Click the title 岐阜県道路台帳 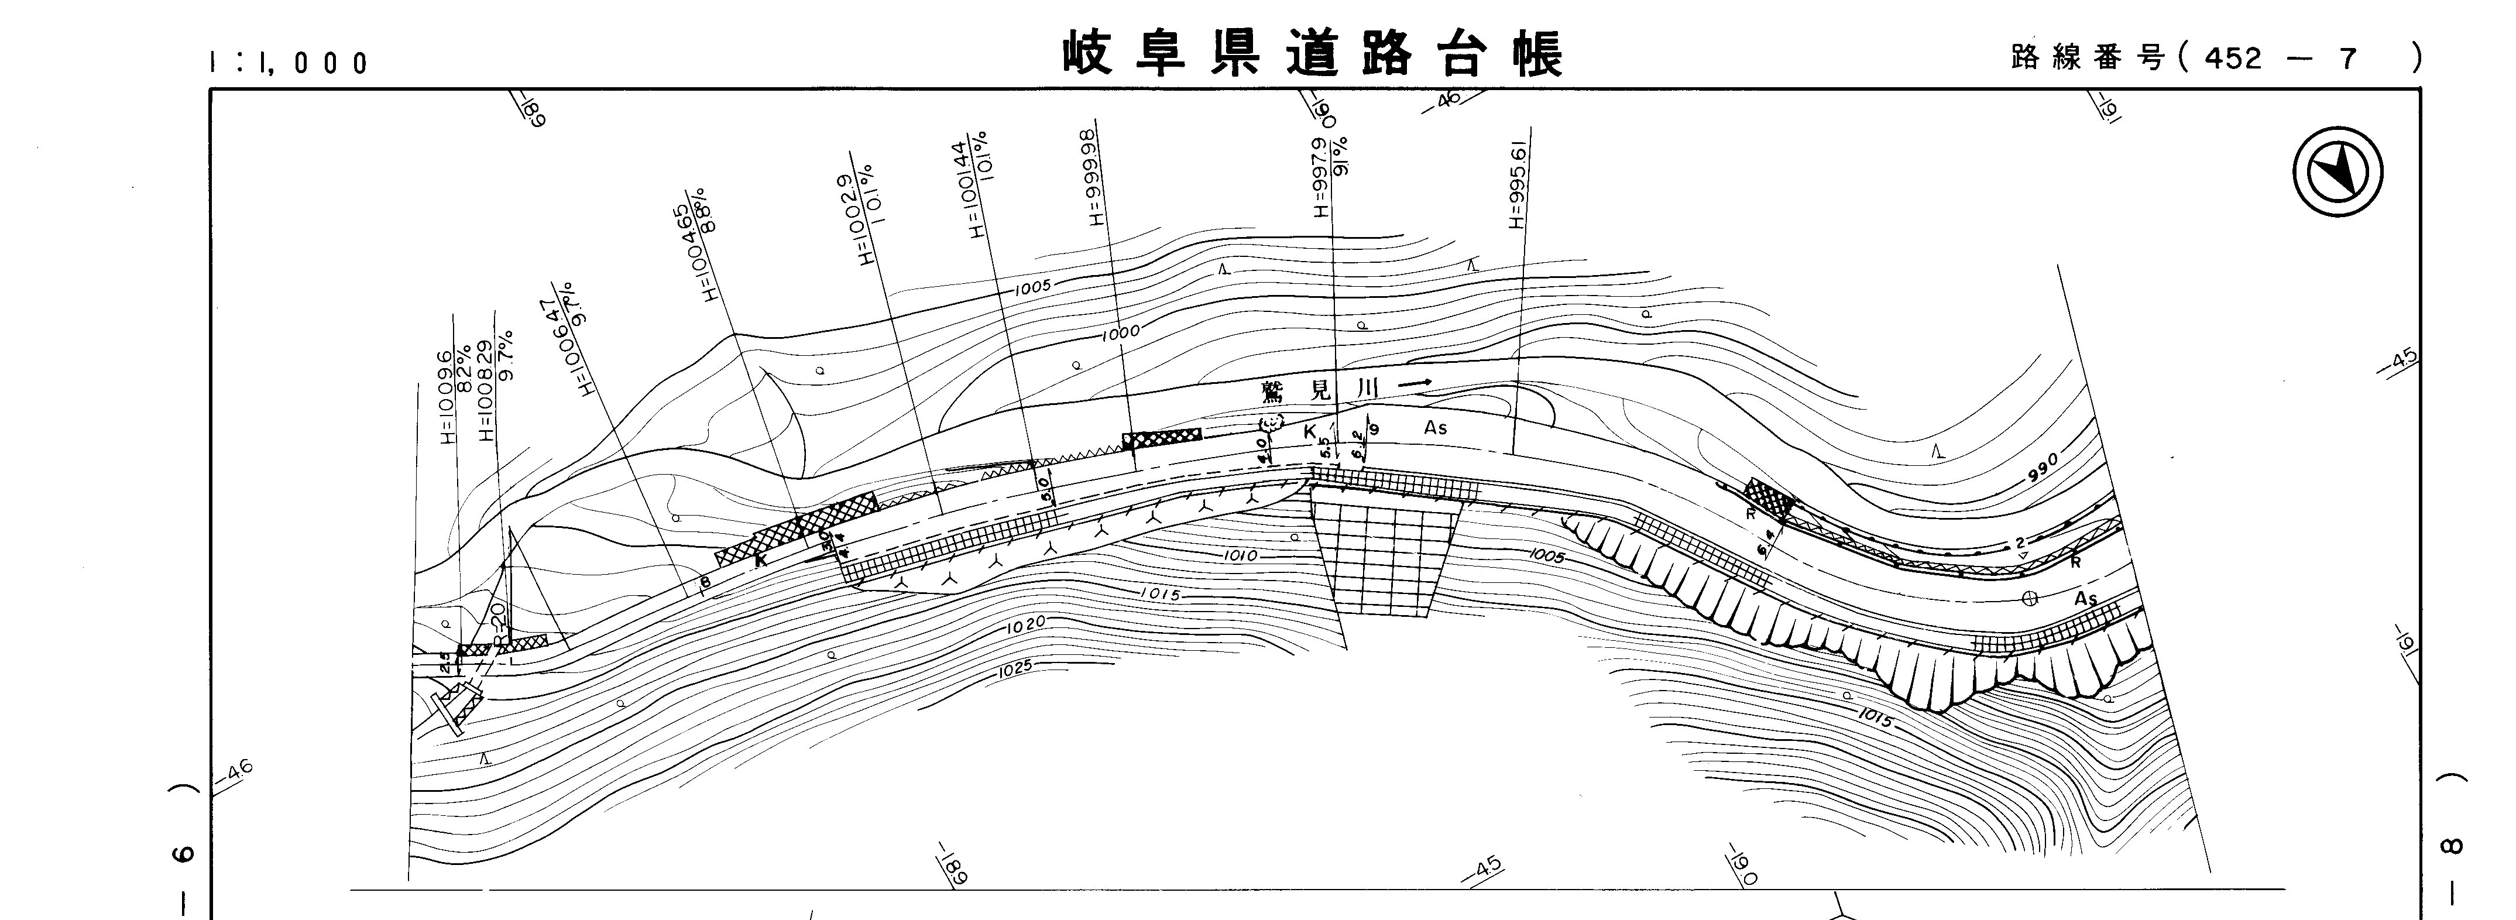(1312, 54)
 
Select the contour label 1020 (1025, 624)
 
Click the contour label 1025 (1016, 671)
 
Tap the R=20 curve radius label (498, 623)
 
